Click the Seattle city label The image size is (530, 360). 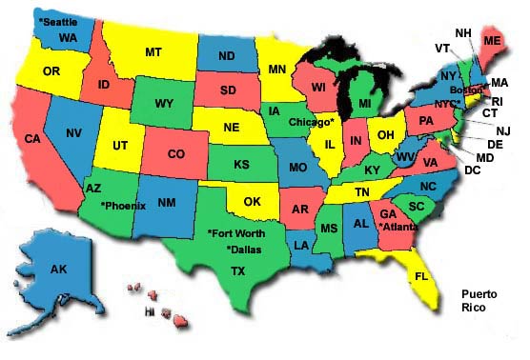point(57,20)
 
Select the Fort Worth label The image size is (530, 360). point(237,231)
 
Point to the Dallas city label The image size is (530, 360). point(243,250)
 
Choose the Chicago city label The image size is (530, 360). point(311,122)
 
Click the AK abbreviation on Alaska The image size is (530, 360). point(57,270)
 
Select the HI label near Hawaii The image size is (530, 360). point(149,310)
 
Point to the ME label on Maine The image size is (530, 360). point(492,41)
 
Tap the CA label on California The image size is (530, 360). point(32,138)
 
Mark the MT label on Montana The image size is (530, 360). point(153,53)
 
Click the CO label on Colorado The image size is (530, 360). point(176,152)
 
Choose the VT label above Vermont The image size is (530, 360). point(441,48)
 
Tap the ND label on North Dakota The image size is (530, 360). point(227,56)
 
